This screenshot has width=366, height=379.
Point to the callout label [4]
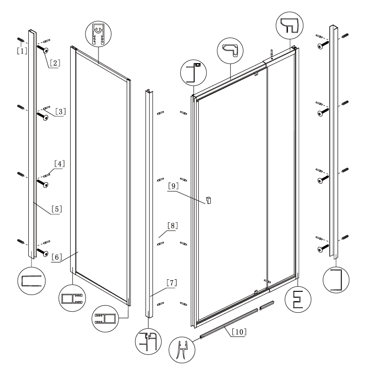59,164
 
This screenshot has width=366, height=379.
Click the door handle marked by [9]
209,200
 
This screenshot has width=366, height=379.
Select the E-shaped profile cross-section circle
297,300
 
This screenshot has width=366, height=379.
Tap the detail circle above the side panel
99,35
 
